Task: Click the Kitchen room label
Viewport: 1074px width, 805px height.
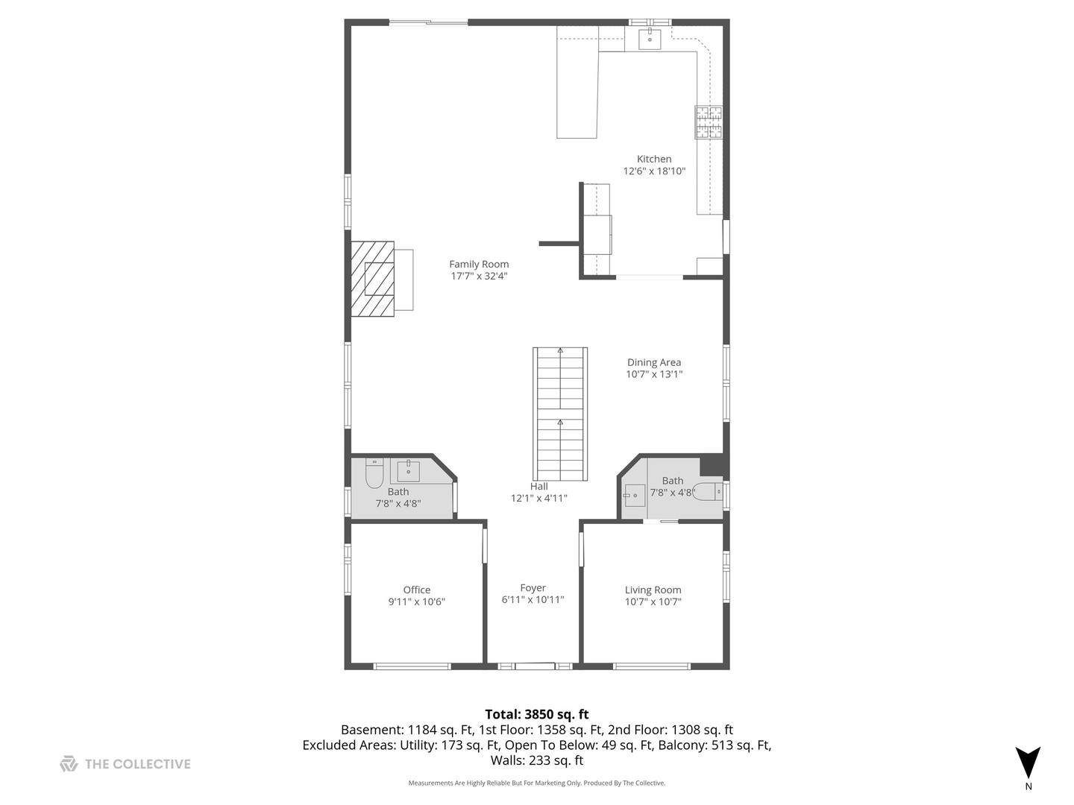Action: coord(653,159)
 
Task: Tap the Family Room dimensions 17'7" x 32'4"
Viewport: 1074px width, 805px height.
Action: coord(479,276)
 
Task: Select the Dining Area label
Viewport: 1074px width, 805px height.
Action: coord(653,362)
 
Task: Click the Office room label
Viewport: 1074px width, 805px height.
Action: coord(416,590)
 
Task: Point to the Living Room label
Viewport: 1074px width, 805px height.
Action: coord(653,590)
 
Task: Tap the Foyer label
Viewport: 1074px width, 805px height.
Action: coord(533,588)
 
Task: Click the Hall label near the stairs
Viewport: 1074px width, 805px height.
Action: coord(538,486)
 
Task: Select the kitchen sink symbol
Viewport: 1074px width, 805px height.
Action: coord(650,40)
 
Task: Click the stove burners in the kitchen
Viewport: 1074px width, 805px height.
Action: coord(709,122)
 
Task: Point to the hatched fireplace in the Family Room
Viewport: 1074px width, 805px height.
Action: coord(373,279)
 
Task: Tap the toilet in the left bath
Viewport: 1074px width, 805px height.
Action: coord(374,473)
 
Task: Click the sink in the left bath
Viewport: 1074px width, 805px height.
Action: coord(408,471)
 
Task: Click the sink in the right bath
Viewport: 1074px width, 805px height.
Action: coord(634,495)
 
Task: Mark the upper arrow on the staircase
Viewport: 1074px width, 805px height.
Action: coord(560,350)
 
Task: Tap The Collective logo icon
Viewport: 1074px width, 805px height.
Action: coord(69,763)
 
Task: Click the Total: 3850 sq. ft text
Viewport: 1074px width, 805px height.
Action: coord(536,714)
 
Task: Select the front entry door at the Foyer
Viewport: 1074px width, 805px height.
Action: coord(534,666)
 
